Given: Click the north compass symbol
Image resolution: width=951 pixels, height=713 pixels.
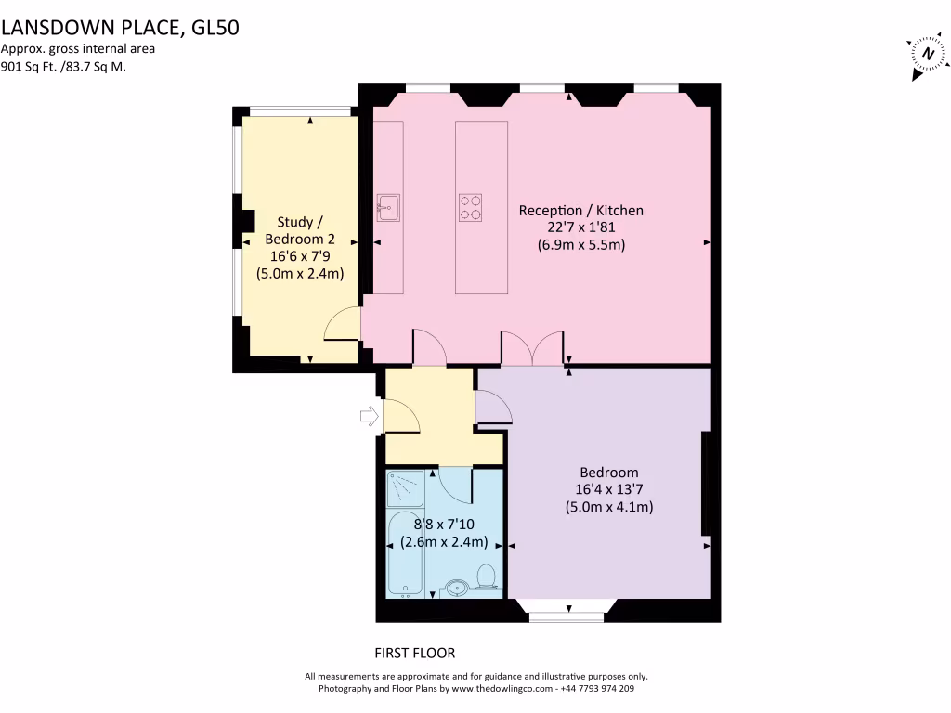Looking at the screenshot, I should pos(926,54).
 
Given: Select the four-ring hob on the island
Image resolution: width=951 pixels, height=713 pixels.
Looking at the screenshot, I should pos(471,207).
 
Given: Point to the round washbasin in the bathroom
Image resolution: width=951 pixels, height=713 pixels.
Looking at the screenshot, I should pos(456,587).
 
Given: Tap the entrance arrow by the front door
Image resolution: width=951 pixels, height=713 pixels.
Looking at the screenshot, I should pos(369,418).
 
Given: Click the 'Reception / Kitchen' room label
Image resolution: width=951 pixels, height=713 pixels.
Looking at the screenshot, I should pos(580,211).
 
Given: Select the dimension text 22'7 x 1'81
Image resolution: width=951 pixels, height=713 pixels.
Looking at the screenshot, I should pos(580,228).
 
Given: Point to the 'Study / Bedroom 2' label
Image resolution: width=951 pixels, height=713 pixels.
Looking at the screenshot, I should pos(300,230).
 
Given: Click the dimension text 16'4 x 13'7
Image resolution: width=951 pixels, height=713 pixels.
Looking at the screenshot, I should pos(608,489).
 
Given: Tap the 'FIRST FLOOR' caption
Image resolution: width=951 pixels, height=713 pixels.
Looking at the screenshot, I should pos(414,653).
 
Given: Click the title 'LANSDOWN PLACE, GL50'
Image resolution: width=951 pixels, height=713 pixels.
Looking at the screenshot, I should pos(120,28).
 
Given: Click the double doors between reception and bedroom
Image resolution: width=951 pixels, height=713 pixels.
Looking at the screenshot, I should pos(532,347).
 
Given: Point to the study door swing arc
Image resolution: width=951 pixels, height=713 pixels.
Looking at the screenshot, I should pos(342,323).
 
